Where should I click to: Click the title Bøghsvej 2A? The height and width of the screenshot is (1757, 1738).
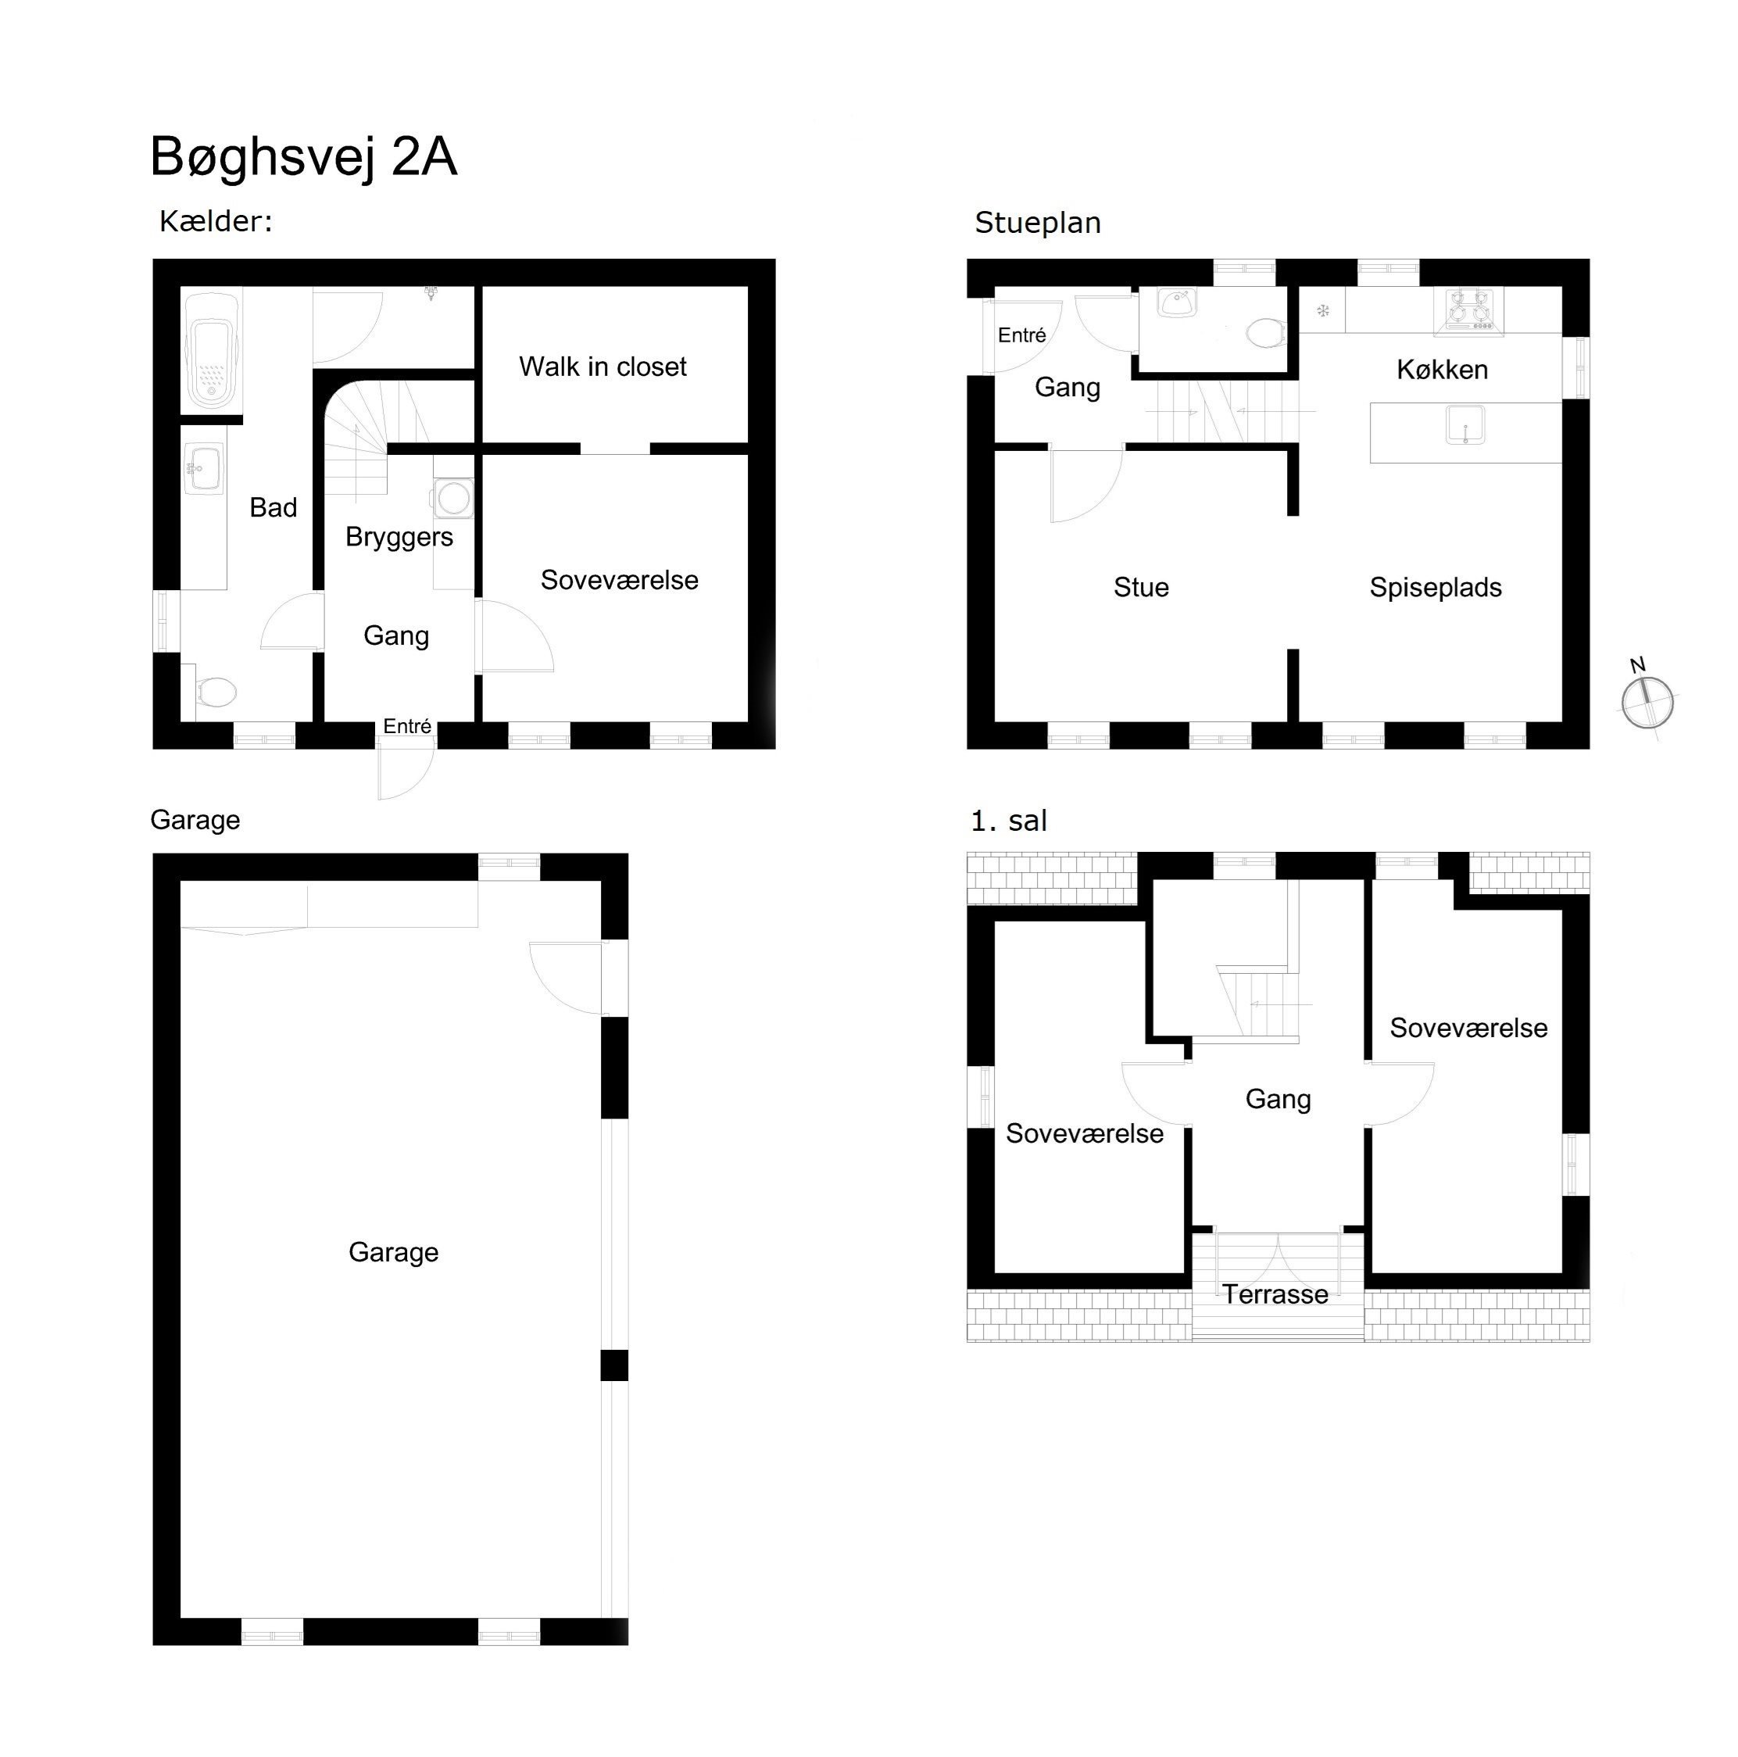pos(303,156)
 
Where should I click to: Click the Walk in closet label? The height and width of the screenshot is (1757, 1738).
pos(602,367)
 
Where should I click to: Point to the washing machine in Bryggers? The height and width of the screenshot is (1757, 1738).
pos(453,497)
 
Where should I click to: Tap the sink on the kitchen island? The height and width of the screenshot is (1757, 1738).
pos(1464,424)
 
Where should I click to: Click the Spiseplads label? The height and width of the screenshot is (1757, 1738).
pos(1434,588)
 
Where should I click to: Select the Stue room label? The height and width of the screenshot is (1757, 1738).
pos(1140,588)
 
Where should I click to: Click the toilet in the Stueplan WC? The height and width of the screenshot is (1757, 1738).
pos(1264,333)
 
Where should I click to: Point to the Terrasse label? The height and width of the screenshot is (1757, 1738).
pos(1274,1294)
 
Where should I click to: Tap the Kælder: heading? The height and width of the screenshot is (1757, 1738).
pos(216,221)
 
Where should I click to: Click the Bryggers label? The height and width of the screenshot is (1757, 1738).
pos(399,537)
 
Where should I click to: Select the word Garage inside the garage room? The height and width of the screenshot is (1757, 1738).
pos(393,1252)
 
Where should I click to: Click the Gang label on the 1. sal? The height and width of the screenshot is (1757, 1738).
pos(1277,1099)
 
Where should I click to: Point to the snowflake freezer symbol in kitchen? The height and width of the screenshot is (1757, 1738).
pos(1323,311)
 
